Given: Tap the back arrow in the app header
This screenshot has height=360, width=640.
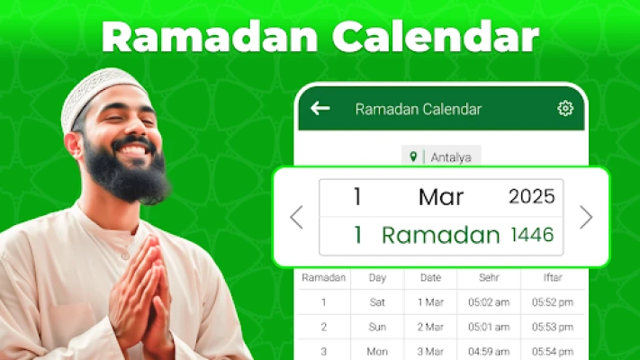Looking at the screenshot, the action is [x=320, y=109].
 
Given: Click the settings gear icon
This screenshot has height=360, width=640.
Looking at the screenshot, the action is [x=565, y=109].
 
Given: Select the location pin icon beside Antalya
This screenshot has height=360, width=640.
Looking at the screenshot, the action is [x=413, y=157].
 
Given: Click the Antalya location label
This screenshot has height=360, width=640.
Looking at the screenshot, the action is [x=451, y=157].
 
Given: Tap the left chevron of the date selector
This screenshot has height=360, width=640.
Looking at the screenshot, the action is [x=297, y=217].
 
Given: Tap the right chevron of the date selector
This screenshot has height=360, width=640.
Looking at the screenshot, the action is [x=586, y=217].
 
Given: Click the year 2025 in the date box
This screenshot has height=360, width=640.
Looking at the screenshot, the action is [x=531, y=197].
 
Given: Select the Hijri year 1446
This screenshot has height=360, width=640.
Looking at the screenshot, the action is [x=532, y=235].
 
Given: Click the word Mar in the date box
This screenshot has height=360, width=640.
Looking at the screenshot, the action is [x=441, y=197].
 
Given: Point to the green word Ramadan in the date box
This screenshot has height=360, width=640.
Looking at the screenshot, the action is [x=440, y=235].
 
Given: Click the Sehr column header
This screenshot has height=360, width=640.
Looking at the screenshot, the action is [x=489, y=277].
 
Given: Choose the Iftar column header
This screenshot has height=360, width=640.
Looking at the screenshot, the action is [x=553, y=277].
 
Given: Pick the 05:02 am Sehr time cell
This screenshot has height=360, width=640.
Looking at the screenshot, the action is [x=489, y=302].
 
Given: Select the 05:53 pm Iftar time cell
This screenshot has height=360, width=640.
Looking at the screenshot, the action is [x=553, y=327].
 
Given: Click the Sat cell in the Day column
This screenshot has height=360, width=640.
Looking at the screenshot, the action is [x=377, y=302].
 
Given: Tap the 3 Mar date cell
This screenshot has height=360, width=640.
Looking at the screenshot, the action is [x=430, y=351].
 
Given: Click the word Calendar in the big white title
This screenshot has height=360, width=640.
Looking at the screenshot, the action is [x=436, y=37].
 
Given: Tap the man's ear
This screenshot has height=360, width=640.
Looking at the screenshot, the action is [x=75, y=145].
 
